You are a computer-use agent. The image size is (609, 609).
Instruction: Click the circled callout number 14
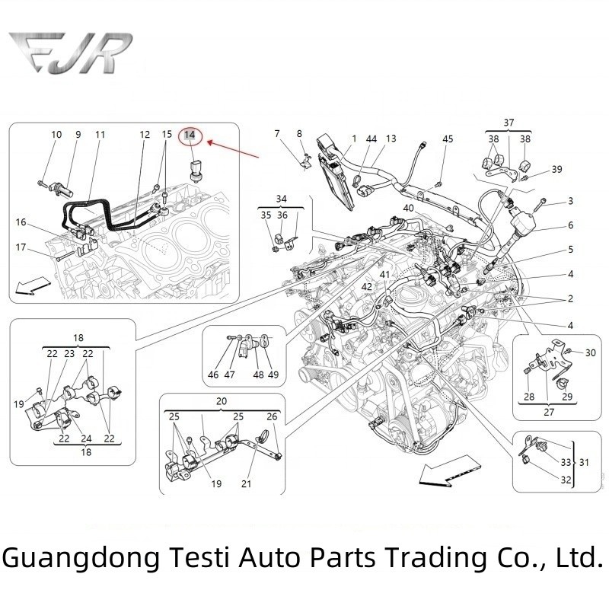(x=190, y=136)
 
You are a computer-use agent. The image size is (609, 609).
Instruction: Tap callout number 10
(x=56, y=135)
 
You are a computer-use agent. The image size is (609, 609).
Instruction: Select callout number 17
(x=21, y=247)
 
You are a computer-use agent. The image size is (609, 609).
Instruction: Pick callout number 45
(x=448, y=139)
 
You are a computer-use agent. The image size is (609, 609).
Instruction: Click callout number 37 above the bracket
(x=509, y=123)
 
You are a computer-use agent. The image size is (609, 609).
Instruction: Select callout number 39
(x=557, y=169)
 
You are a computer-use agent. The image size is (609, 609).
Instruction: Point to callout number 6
(x=570, y=225)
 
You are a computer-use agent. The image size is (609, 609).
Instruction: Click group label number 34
(x=282, y=199)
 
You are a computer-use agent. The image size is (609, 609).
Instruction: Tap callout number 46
(x=214, y=375)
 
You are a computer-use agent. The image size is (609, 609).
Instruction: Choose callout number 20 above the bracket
(x=222, y=401)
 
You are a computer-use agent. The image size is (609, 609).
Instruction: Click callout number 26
(x=272, y=416)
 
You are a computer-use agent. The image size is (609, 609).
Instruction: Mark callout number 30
(x=590, y=352)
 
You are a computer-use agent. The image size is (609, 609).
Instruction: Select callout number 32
(x=565, y=480)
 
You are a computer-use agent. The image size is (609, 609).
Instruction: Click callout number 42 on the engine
(x=367, y=286)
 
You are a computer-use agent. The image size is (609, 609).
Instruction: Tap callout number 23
(x=69, y=353)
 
